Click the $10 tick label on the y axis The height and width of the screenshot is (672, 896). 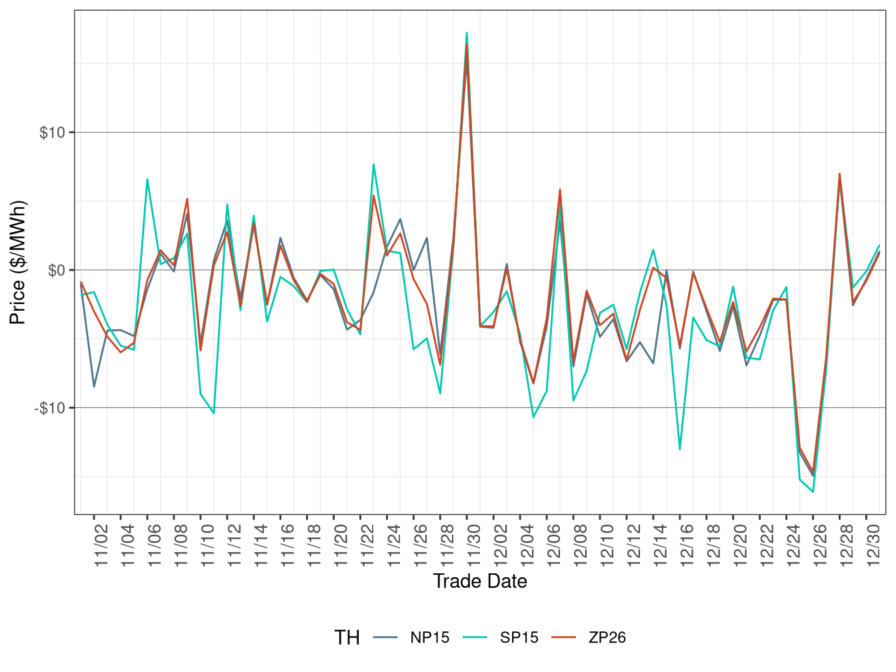pos(52,133)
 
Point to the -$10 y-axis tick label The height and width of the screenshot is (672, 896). pos(50,408)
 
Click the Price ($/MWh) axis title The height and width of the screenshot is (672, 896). pos(18,262)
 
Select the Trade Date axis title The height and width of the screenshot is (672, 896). pos(480,581)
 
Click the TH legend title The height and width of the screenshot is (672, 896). pos(347,638)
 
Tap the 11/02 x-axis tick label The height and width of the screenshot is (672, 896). pos(101,545)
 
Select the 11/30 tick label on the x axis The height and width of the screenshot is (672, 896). pos(474,545)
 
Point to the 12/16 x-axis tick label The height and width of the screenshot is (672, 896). pos(687,545)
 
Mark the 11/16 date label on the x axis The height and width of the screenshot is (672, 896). pos(287,545)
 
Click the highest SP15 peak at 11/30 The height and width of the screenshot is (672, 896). pos(467,33)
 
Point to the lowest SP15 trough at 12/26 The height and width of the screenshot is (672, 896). pos(813,492)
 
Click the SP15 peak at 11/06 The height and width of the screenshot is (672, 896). pos(147,179)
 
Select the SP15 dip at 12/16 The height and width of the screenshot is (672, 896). pos(680,449)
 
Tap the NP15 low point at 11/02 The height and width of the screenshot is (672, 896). pos(94,387)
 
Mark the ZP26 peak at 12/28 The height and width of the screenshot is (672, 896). pos(840,173)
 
